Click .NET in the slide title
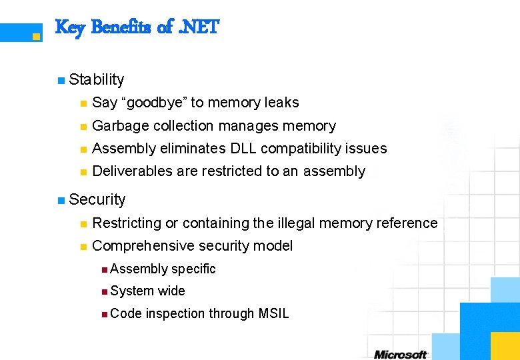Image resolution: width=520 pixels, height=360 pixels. click(x=197, y=28)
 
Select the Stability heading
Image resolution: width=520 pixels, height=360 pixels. click(x=97, y=79)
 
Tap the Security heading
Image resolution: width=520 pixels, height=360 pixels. click(x=97, y=199)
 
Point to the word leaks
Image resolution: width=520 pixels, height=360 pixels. click(x=281, y=103)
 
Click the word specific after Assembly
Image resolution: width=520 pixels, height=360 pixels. click(x=194, y=269)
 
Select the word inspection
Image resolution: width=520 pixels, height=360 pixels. click(x=176, y=313)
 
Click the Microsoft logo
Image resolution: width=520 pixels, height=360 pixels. click(x=400, y=353)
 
